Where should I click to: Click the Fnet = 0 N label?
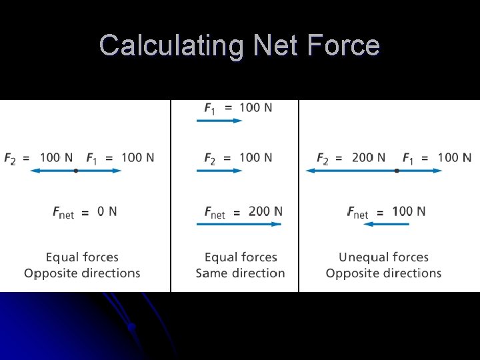coord(85,212)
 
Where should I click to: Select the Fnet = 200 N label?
coord(243,212)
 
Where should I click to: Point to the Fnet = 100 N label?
coord(386,212)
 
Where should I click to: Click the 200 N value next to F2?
coord(368,158)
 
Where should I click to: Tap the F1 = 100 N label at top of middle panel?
coord(238,107)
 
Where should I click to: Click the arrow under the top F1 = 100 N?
coord(219,121)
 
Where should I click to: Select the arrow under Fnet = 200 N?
coord(239,224)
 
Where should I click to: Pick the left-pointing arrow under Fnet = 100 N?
coord(387,224)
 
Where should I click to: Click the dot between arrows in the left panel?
coord(76,171)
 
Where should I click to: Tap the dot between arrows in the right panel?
coord(397,171)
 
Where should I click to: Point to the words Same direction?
coord(240,273)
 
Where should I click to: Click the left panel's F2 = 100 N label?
coord(39,158)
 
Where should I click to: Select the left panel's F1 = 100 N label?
coord(120,158)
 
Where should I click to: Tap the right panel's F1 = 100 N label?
coord(437,158)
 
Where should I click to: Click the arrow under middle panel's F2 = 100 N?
coord(219,171)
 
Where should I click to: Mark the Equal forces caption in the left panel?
coord(82,257)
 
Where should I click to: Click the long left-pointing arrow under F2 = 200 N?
coord(351,171)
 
